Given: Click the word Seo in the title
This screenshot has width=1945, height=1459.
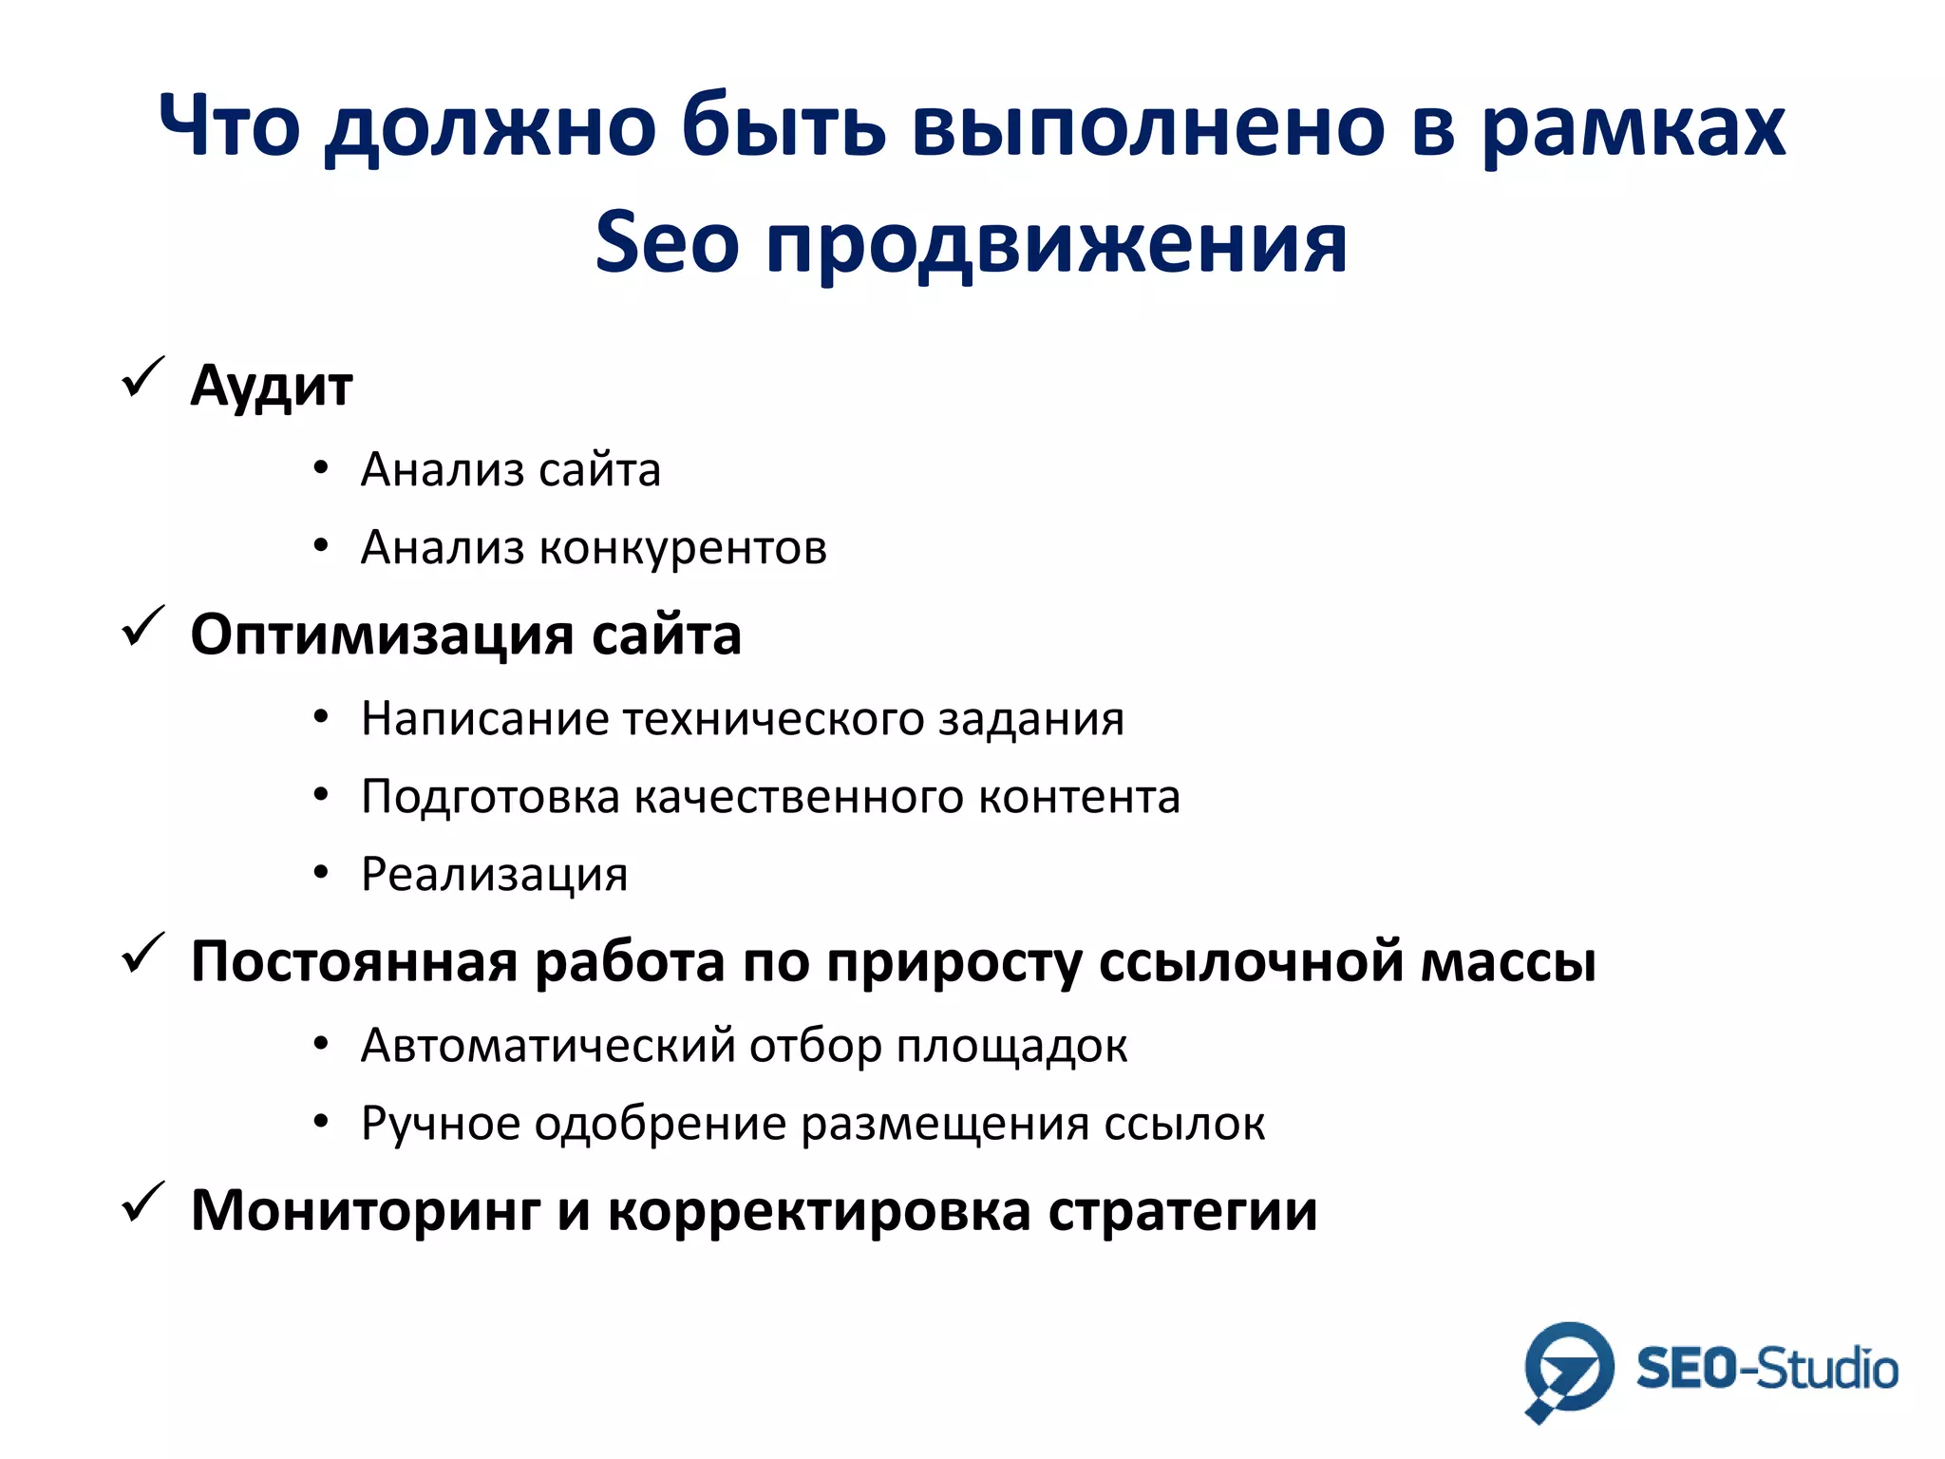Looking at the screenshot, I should coord(666,242).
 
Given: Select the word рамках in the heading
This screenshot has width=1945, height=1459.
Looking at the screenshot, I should coord(1633,127).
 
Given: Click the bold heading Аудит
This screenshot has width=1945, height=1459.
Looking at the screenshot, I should coord(272,387).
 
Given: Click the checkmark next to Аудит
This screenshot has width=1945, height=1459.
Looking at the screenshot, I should coord(142,378).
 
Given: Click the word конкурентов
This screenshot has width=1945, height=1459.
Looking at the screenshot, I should coord(683,548).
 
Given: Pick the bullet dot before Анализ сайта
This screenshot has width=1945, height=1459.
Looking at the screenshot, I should coord(321,467).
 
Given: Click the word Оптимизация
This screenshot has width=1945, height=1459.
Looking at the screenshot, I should coord(382,635).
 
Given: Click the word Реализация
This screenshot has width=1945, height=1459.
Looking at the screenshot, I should coord(494,875).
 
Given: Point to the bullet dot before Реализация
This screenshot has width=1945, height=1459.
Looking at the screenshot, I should coord(321,872).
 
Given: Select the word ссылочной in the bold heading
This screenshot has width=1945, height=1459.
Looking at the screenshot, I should coord(1250,961).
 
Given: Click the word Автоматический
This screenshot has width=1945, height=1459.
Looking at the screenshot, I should coord(548,1046).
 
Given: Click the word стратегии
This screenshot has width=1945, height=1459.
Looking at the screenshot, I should coord(1182,1212).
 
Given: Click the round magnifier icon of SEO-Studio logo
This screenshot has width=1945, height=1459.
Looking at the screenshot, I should coord(1568,1368).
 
